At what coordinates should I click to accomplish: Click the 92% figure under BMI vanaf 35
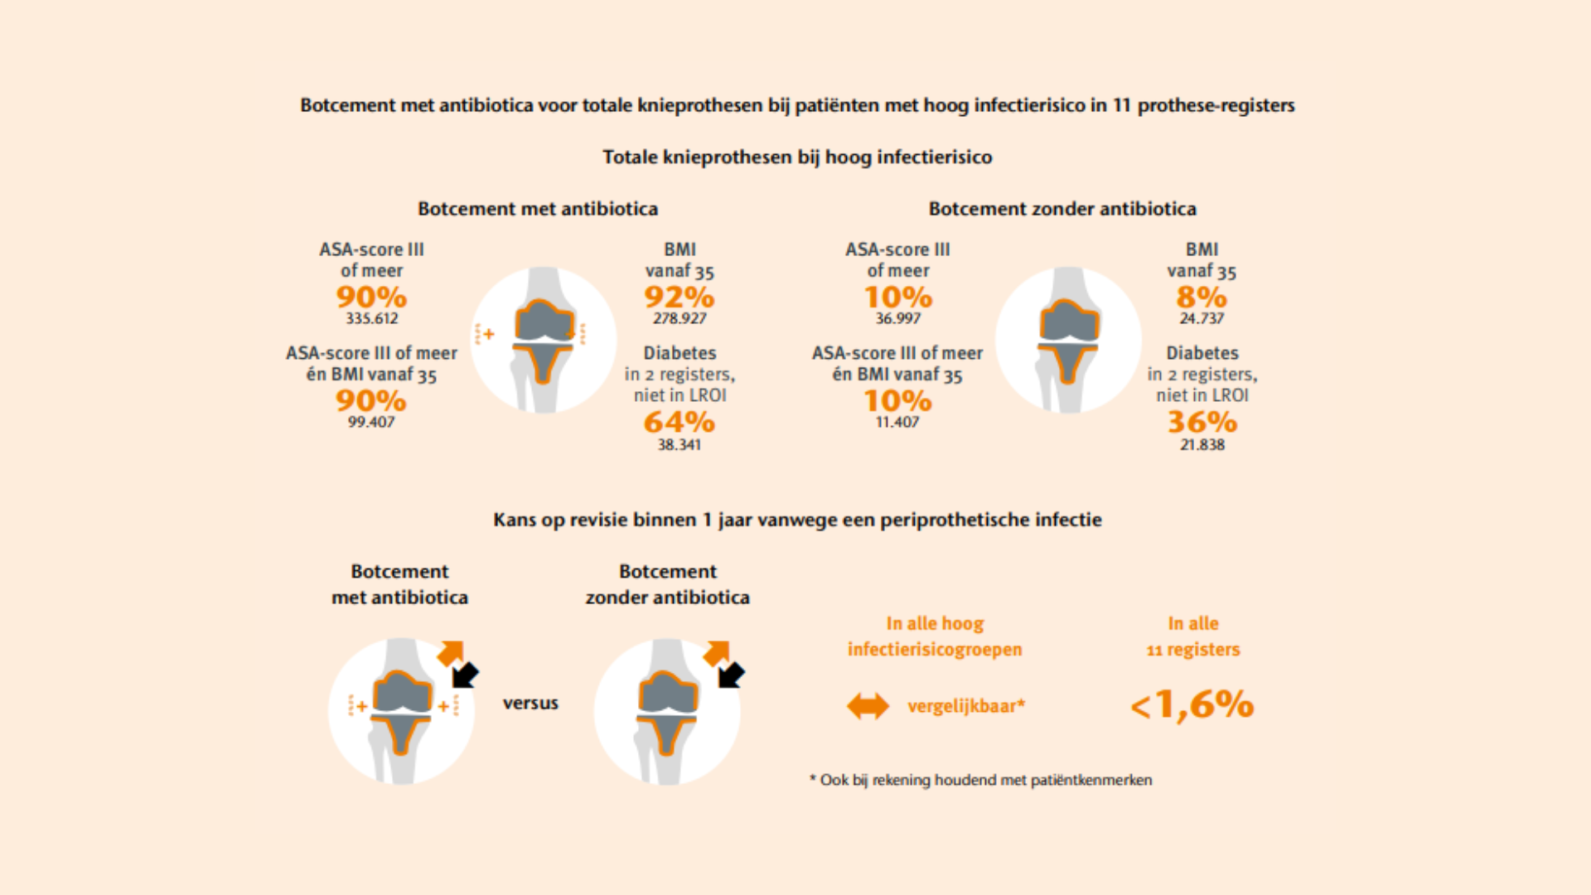click(x=679, y=298)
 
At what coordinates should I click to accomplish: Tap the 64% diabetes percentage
click(x=679, y=423)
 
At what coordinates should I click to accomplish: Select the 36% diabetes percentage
click(x=1202, y=423)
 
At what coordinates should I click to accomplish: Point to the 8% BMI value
click(x=1202, y=298)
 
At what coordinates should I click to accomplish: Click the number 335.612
click(x=371, y=318)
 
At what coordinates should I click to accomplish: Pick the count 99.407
click(x=371, y=422)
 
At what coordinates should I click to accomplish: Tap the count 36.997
click(x=897, y=318)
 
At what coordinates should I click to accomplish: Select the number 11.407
click(x=897, y=422)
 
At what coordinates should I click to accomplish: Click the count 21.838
click(x=1202, y=445)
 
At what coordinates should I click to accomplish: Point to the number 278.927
click(x=679, y=318)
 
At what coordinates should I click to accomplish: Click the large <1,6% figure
click(x=1192, y=705)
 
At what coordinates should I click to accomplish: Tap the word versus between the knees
click(x=530, y=704)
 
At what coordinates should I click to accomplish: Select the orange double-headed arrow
click(x=868, y=706)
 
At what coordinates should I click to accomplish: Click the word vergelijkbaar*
click(x=966, y=706)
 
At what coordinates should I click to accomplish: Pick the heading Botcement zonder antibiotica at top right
click(x=1062, y=209)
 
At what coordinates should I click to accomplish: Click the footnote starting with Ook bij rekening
click(x=981, y=780)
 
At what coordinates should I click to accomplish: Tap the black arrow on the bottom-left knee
click(x=465, y=675)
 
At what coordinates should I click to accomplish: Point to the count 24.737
click(x=1202, y=318)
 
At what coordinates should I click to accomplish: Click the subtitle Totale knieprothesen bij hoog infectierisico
click(x=797, y=157)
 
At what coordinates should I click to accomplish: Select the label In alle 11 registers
click(x=1192, y=636)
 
